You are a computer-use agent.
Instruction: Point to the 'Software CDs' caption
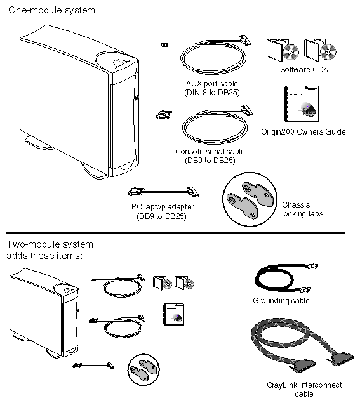[x=303, y=70]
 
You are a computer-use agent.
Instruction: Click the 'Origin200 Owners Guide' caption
[x=303, y=132]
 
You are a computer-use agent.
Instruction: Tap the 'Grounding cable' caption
[x=281, y=300]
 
